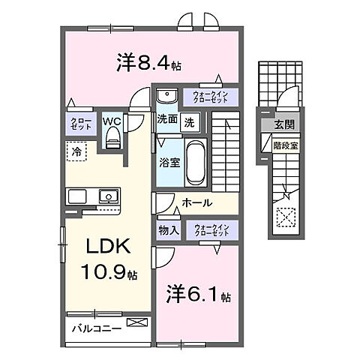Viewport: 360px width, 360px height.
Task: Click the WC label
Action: click(112, 120)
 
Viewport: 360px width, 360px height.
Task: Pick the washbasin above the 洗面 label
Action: click(166, 96)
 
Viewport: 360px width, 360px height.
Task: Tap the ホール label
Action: click(196, 203)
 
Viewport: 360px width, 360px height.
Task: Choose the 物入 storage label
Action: click(168, 230)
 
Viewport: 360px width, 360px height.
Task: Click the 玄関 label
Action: click(284, 124)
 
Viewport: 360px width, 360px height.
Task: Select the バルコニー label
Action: click(97, 328)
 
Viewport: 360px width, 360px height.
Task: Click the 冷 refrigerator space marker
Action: click(77, 151)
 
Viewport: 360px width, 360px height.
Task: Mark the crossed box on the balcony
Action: click(137, 322)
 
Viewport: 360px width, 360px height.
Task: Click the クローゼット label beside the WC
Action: click(82, 124)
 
